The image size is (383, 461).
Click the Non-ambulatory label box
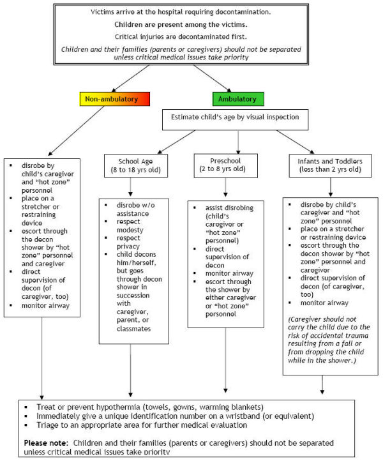click(115, 99)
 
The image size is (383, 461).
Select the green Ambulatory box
click(238, 99)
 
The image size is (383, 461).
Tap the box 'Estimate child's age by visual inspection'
click(235, 119)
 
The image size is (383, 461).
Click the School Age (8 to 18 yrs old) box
click(136, 165)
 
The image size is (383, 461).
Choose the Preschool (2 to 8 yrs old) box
click(226, 165)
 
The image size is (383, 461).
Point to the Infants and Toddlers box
click(331, 165)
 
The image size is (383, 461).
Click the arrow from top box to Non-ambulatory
click(131, 79)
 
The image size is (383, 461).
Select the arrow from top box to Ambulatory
click(212, 79)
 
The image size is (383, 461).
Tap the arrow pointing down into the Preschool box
click(238, 142)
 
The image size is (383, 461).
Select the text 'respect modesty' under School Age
click(130, 226)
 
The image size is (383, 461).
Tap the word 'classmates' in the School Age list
click(134, 329)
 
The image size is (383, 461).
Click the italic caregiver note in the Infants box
click(329, 340)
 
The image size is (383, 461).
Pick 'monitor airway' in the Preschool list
click(229, 273)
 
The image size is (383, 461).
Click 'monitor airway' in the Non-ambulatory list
click(45, 305)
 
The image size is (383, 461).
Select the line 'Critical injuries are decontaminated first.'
click(181, 37)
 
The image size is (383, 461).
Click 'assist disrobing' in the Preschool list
click(229, 208)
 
